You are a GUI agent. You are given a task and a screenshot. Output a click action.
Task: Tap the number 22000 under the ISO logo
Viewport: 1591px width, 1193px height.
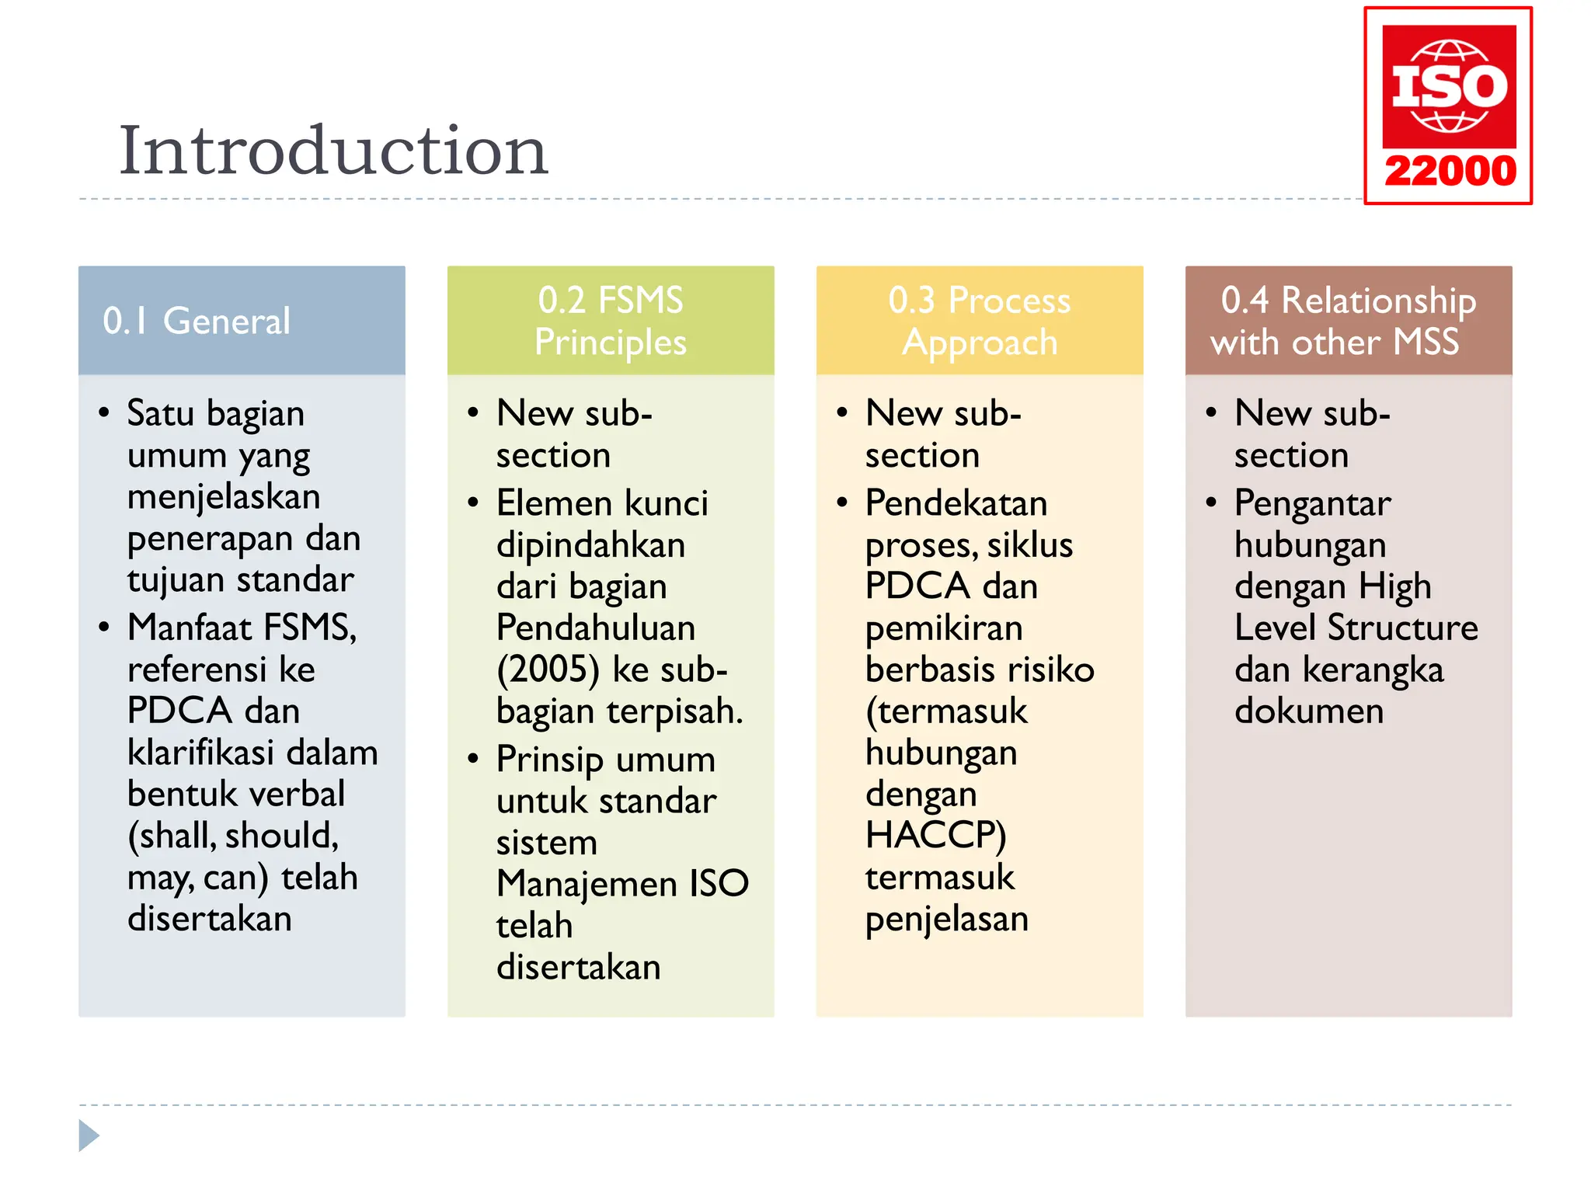pyautogui.click(x=1450, y=171)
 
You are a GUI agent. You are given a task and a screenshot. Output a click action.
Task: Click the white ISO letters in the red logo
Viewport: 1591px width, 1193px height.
pyautogui.click(x=1450, y=86)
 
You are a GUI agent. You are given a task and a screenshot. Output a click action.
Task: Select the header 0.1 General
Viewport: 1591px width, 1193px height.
pyautogui.click(x=196, y=321)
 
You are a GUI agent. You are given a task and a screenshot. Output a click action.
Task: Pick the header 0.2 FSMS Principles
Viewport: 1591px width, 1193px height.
pyautogui.click(x=611, y=321)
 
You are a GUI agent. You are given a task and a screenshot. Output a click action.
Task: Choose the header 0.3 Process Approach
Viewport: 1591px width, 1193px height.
pyautogui.click(x=980, y=321)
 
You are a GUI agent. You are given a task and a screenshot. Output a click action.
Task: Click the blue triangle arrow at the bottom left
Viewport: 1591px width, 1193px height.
pyautogui.click(x=89, y=1136)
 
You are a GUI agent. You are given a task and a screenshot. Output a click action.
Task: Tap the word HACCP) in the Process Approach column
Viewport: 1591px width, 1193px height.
pyautogui.click(x=935, y=836)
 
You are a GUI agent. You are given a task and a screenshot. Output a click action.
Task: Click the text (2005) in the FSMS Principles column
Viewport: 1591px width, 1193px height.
pyautogui.click(x=548, y=670)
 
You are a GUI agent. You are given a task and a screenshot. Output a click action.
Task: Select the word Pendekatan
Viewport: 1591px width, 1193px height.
pyautogui.click(x=956, y=503)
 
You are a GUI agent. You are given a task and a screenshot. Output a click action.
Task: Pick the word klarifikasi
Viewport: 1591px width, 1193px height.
pyautogui.click(x=200, y=753)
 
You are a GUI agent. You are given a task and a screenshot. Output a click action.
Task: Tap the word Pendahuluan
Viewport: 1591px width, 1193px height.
pyautogui.click(x=596, y=628)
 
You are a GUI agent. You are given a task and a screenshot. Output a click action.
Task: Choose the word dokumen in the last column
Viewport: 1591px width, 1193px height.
pyautogui.click(x=1309, y=711)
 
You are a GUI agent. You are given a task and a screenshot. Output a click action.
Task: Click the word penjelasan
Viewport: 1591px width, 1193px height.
pyautogui.click(x=947, y=920)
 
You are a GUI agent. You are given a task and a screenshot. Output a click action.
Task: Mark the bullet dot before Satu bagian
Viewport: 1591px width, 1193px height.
pyautogui.click(x=104, y=412)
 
